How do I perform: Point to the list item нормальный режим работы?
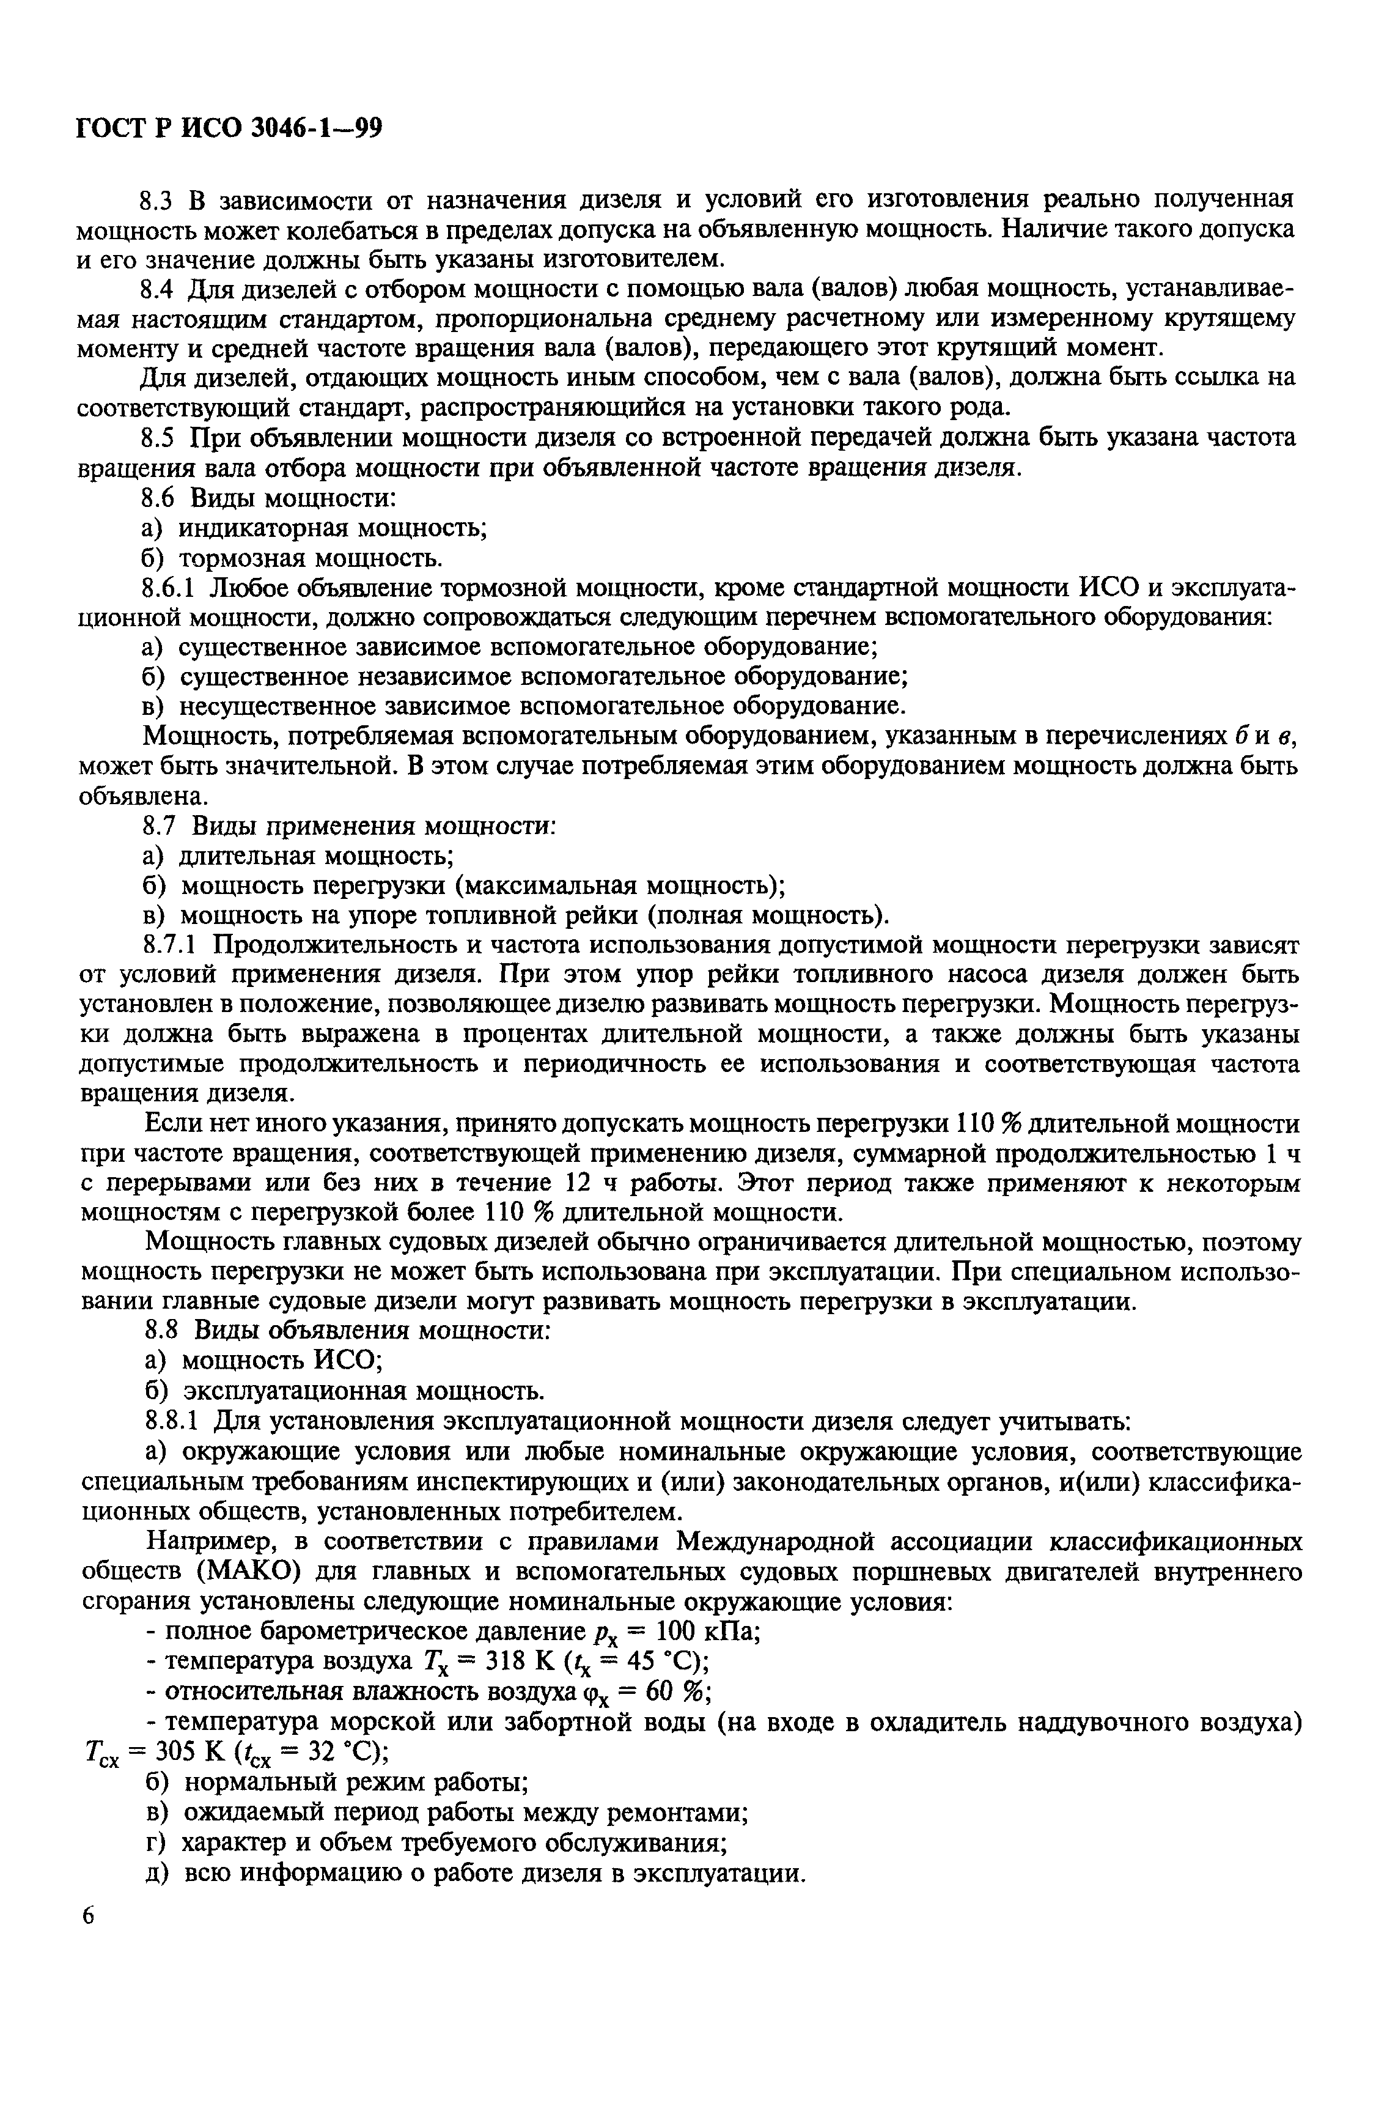(x=355, y=1782)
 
